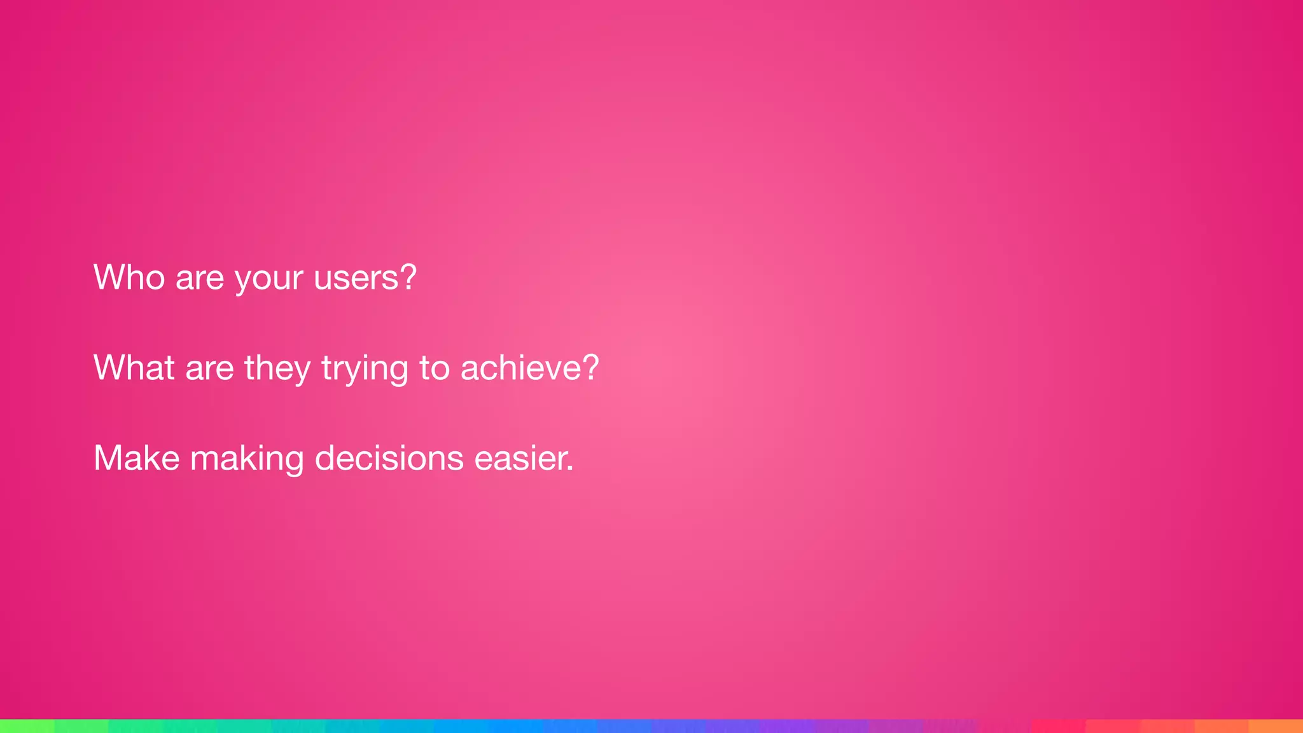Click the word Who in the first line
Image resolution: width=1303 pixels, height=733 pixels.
click(129, 277)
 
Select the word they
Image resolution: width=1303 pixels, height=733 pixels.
click(278, 369)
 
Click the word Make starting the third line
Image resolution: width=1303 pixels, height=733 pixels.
click(137, 458)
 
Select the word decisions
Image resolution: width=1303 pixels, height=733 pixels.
click(389, 458)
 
